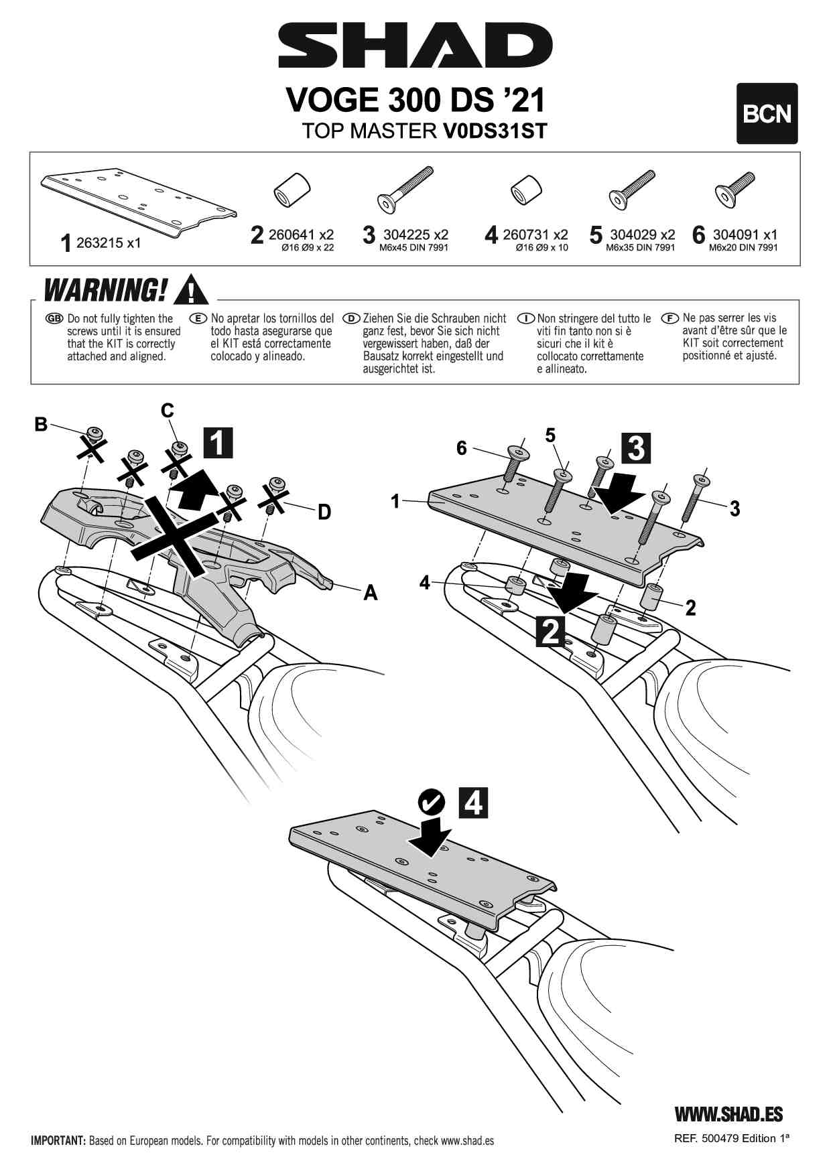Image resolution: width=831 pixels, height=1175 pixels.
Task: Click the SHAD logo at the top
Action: point(415,46)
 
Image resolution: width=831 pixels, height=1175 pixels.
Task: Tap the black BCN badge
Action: point(767,114)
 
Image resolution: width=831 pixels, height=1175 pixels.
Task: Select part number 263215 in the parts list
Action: point(108,243)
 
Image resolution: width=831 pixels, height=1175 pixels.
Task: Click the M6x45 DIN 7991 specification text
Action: point(414,248)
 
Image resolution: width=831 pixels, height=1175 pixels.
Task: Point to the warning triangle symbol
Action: point(190,289)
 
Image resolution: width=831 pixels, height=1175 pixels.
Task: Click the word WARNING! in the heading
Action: point(106,290)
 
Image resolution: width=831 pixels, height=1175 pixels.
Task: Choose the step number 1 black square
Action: point(218,443)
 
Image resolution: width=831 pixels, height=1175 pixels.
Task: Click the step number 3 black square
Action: point(636,448)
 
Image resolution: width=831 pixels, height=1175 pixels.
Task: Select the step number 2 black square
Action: point(550,631)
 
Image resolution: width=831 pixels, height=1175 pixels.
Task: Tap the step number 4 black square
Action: point(473,803)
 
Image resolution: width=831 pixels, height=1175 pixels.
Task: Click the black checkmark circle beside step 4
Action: point(432,801)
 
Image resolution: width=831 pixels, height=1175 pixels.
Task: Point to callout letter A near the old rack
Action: point(370,592)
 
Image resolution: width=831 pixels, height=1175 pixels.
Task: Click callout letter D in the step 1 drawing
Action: point(324,512)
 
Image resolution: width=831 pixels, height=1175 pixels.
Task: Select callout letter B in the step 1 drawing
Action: point(42,424)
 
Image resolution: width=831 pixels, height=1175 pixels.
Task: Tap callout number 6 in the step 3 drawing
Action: point(461,448)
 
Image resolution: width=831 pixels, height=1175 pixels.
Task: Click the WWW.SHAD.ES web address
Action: point(728,1113)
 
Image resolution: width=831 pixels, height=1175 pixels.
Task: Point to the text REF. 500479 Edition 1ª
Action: point(732,1138)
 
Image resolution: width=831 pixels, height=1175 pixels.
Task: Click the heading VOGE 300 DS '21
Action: point(415,100)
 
